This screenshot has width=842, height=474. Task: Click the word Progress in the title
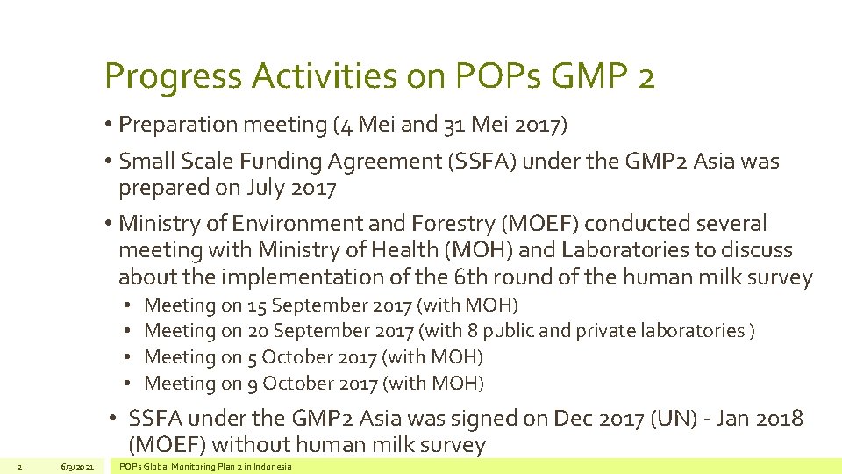(x=174, y=77)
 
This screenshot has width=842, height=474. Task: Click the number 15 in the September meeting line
(x=257, y=305)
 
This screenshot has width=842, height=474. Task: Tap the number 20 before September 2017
(x=258, y=331)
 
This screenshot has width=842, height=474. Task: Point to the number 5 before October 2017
(x=252, y=357)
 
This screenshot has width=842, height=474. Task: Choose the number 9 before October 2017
(x=252, y=383)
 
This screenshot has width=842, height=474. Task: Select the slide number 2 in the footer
(x=19, y=466)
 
